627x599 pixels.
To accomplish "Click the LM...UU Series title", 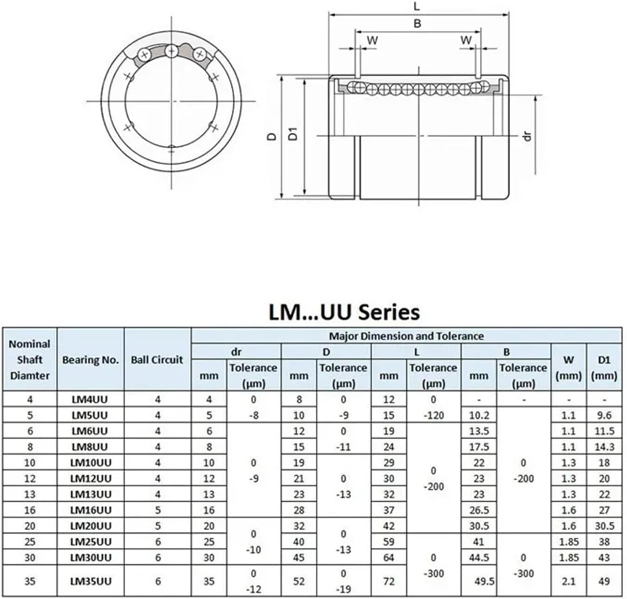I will (344, 312).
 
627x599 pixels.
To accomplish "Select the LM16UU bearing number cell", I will (91, 510).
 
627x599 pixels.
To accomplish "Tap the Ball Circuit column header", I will (157, 359).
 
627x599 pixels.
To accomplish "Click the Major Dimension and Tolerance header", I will (406, 336).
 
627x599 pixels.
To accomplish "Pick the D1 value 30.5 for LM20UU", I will (604, 526).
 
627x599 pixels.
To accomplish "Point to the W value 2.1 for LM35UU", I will (568, 581).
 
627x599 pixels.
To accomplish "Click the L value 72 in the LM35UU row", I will (388, 581).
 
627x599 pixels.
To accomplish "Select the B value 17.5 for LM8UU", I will (478, 447).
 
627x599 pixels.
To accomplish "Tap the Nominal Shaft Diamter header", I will (30, 359).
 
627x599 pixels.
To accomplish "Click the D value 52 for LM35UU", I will (298, 581).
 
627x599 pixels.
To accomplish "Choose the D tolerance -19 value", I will (343, 589).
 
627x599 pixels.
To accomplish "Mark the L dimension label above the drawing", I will (416, 6).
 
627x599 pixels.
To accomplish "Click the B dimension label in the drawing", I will (417, 23).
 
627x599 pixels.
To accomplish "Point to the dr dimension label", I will (527, 135).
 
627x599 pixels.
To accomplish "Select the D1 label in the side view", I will (292, 134).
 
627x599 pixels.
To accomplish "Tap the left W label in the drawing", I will (372, 41).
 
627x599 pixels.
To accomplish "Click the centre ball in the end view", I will (172, 50).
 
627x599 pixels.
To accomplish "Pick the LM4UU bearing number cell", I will (91, 399).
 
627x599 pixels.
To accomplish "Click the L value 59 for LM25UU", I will (388, 542).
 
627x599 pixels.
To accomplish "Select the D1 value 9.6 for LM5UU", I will (604, 415).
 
